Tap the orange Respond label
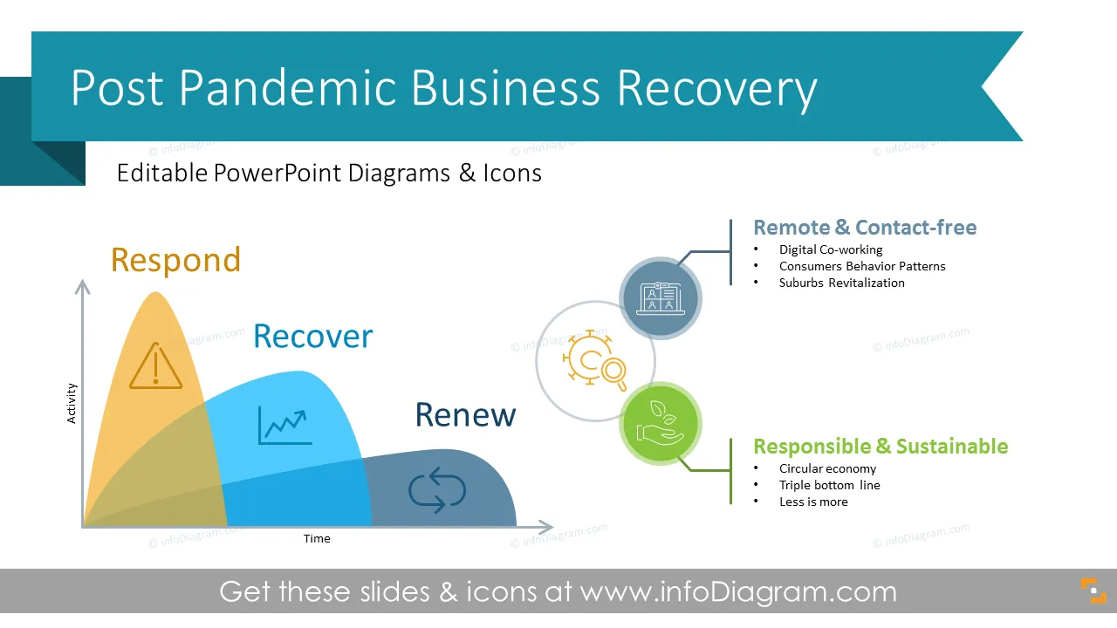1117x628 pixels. [175, 260]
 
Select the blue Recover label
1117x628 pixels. [312, 336]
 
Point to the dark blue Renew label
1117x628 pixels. [465, 414]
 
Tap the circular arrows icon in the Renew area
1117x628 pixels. [437, 490]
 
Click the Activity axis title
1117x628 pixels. [72, 403]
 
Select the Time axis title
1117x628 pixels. [317, 539]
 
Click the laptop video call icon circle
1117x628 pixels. [661, 298]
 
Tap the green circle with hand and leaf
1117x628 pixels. [661, 424]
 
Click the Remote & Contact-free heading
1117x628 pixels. [865, 228]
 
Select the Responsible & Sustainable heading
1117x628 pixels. [881, 447]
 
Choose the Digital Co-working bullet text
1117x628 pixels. [831, 249]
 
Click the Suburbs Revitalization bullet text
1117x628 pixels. [842, 283]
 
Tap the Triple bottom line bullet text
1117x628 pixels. [830, 486]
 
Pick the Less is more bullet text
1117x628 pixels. [813, 502]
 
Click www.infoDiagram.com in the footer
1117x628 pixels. [738, 592]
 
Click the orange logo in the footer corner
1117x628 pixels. [1093, 590]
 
